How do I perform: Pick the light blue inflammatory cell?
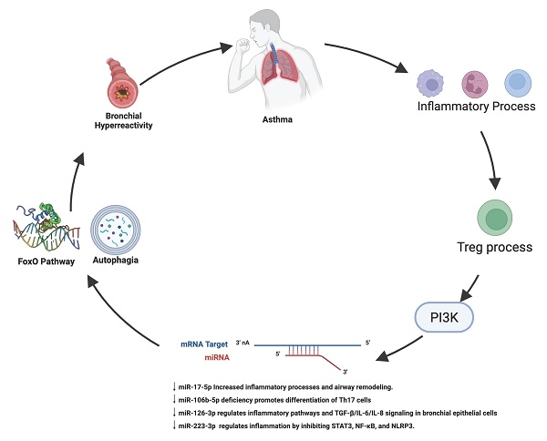pos(516,84)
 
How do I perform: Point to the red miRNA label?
pos(217,357)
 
